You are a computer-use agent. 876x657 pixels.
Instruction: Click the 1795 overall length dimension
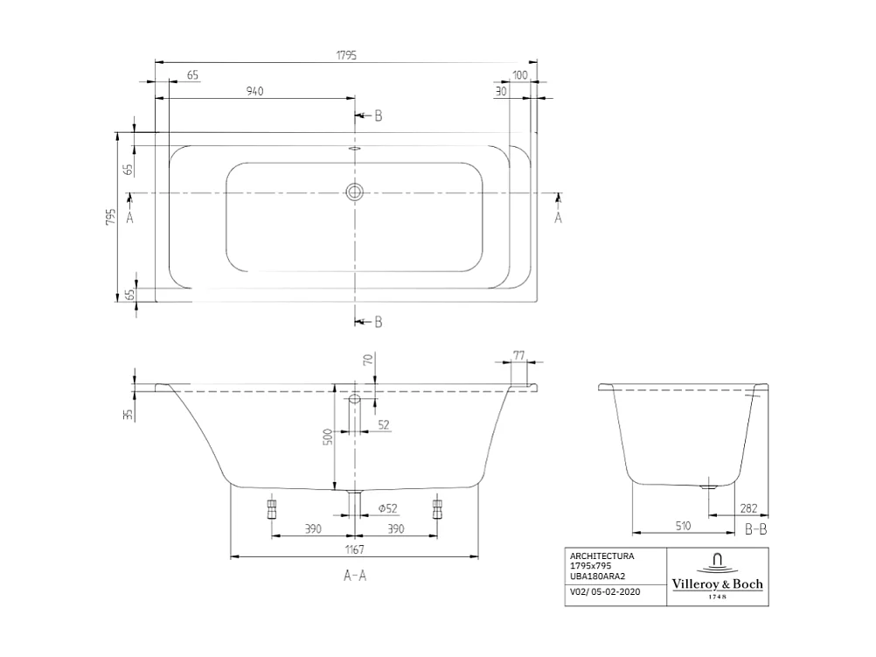click(x=346, y=54)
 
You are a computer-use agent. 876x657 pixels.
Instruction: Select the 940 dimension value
click(x=254, y=91)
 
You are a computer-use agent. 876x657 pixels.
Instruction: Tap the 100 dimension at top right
click(x=521, y=76)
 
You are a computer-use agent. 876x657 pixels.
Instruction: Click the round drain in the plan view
click(x=354, y=192)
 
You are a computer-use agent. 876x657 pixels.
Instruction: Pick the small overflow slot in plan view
click(x=354, y=149)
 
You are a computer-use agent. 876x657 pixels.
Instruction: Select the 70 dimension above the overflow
click(x=368, y=360)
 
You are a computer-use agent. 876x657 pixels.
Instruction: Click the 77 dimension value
click(x=518, y=355)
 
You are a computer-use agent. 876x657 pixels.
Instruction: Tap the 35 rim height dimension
click(x=129, y=414)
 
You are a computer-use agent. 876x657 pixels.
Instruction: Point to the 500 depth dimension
click(x=328, y=436)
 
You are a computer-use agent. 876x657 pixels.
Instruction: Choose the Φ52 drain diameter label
click(x=387, y=508)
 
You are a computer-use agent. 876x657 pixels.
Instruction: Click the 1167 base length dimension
click(x=353, y=549)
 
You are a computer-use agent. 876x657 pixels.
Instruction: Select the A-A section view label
click(x=354, y=576)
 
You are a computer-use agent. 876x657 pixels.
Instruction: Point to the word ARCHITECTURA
click(x=601, y=556)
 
